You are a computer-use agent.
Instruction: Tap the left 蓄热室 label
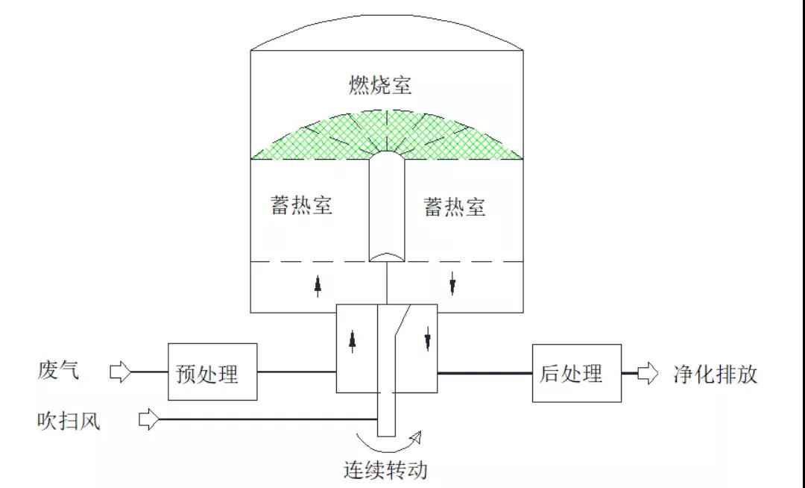pos(301,205)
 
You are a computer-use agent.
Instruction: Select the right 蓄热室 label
pos(455,207)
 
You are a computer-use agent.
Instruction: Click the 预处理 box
pos(212,372)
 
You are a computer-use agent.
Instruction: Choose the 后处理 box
pos(576,373)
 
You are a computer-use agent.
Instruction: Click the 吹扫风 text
pos(69,421)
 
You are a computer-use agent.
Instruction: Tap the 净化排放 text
pos(715,373)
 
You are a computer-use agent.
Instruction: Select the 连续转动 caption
pos(386,470)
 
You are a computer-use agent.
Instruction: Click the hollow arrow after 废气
pos(121,372)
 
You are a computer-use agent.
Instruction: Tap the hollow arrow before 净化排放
pos(648,372)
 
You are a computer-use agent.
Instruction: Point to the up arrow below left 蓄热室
pos(318,284)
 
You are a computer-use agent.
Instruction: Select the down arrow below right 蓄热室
pos(453,284)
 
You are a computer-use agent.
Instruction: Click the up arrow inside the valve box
pos(353,340)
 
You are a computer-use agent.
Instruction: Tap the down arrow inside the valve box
pos(427,341)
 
